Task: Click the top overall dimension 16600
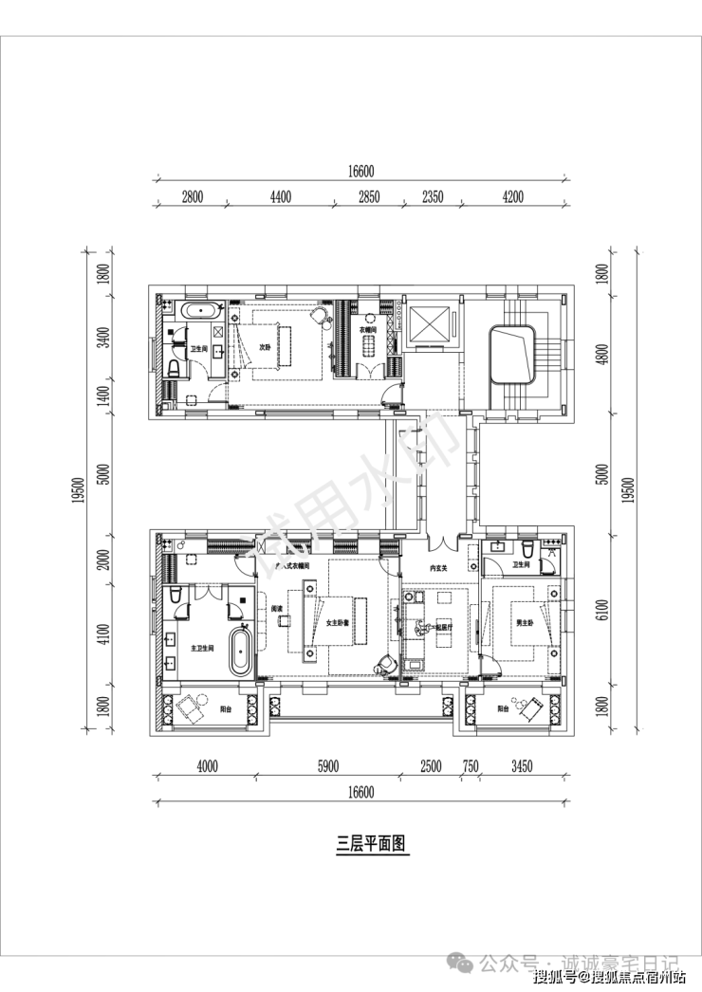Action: point(361,172)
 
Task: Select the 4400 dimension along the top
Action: point(280,197)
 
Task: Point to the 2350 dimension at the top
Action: point(432,197)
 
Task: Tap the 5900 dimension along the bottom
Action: point(327,766)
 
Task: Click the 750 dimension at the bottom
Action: point(470,766)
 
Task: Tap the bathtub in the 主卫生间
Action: point(242,650)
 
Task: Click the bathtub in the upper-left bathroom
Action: point(198,309)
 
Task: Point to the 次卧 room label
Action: point(267,347)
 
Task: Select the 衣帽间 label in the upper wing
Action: point(368,330)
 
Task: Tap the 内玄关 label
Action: point(438,568)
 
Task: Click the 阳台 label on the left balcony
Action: point(227,707)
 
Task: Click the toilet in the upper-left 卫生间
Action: point(174,365)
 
